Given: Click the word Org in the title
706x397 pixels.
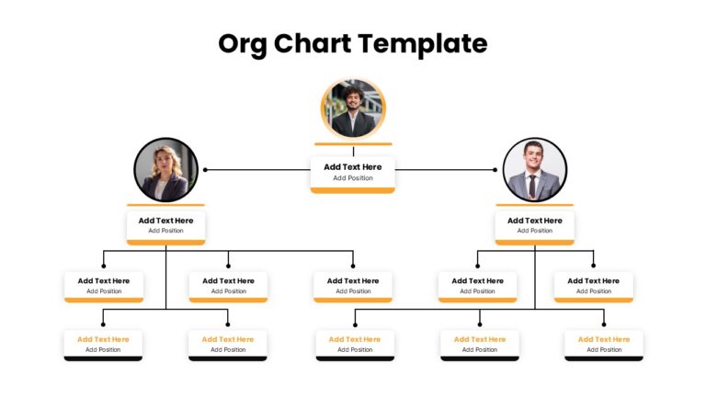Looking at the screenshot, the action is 243,44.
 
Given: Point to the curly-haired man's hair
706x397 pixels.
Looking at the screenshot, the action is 353,92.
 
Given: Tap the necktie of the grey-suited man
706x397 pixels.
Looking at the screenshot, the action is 532,185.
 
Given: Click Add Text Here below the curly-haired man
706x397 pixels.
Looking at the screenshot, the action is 353,167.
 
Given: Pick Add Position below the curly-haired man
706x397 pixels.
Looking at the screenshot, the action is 353,178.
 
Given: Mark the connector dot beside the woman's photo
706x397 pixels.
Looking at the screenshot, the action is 205,170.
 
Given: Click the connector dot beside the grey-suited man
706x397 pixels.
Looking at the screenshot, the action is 495,170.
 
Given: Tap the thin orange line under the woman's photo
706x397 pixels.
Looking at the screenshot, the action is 165,205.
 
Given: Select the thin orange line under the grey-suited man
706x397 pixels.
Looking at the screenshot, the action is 534,205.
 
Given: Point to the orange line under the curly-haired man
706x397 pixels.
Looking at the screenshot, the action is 353,144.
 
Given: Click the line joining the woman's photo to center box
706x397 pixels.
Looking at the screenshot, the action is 258,170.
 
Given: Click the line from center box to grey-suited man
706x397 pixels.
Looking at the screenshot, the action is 445,170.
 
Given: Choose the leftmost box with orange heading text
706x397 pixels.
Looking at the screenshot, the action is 103,346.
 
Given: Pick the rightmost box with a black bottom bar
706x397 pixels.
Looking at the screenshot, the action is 604,346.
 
